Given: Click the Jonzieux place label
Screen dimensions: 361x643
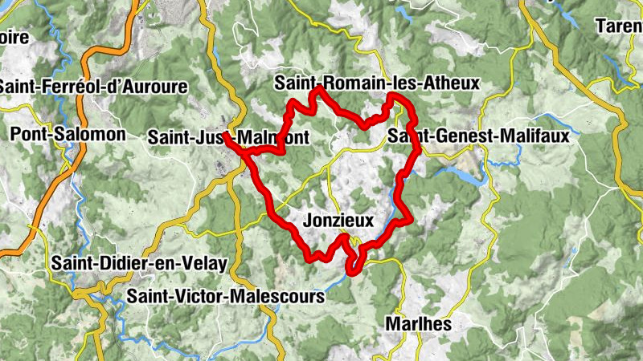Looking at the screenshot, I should (x=341, y=220).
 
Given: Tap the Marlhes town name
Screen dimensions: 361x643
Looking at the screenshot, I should (x=418, y=325).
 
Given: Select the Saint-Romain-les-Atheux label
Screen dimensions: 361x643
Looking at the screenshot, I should (x=376, y=83).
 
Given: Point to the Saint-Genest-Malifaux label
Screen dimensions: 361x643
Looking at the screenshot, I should (x=478, y=136).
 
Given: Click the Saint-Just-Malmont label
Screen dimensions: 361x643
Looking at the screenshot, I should (x=228, y=138).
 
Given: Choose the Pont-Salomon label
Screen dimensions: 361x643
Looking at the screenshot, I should (x=68, y=134).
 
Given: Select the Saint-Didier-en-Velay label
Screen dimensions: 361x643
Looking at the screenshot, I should (x=139, y=263).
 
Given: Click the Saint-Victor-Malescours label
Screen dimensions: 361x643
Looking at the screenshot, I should (x=226, y=297).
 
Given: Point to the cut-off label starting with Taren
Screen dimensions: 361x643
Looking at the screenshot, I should (x=618, y=26).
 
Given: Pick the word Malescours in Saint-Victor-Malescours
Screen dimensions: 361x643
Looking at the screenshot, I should (x=276, y=297).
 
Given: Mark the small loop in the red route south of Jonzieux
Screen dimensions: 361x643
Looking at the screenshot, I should (x=353, y=266).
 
